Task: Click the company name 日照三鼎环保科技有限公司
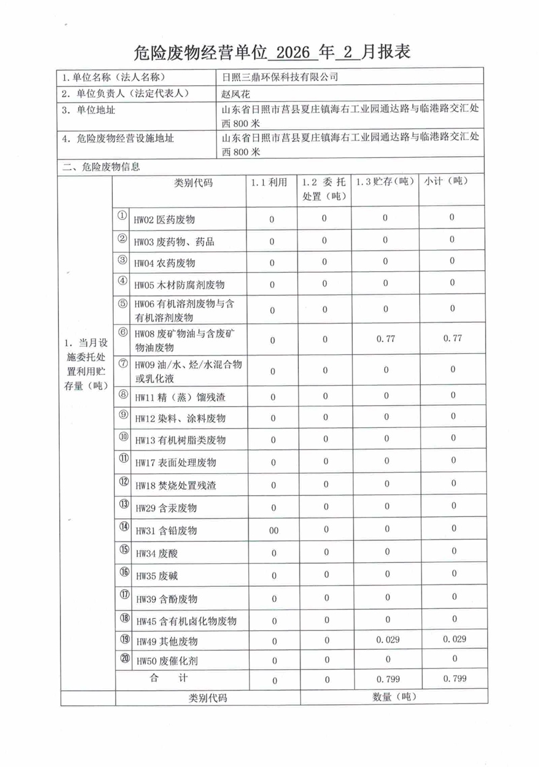(280, 77)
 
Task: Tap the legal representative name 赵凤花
(235, 94)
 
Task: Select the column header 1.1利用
(269, 183)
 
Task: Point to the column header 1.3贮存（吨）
(384, 181)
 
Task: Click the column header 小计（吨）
(446, 181)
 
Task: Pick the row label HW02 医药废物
(164, 220)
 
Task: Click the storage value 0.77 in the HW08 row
(385, 339)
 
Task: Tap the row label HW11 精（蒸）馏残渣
(180, 398)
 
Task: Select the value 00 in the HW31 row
(274, 530)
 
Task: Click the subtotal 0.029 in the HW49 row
(454, 639)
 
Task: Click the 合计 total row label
(168, 678)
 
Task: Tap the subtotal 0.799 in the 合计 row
(455, 678)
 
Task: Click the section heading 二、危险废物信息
(101, 167)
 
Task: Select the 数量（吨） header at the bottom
(394, 697)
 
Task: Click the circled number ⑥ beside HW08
(123, 332)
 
